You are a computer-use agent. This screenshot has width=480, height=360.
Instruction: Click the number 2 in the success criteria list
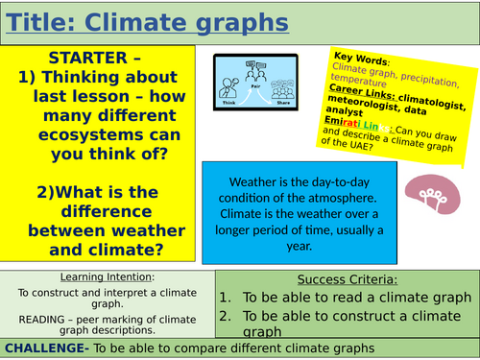(225, 316)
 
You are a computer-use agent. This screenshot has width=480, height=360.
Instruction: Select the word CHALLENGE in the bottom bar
(46, 348)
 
